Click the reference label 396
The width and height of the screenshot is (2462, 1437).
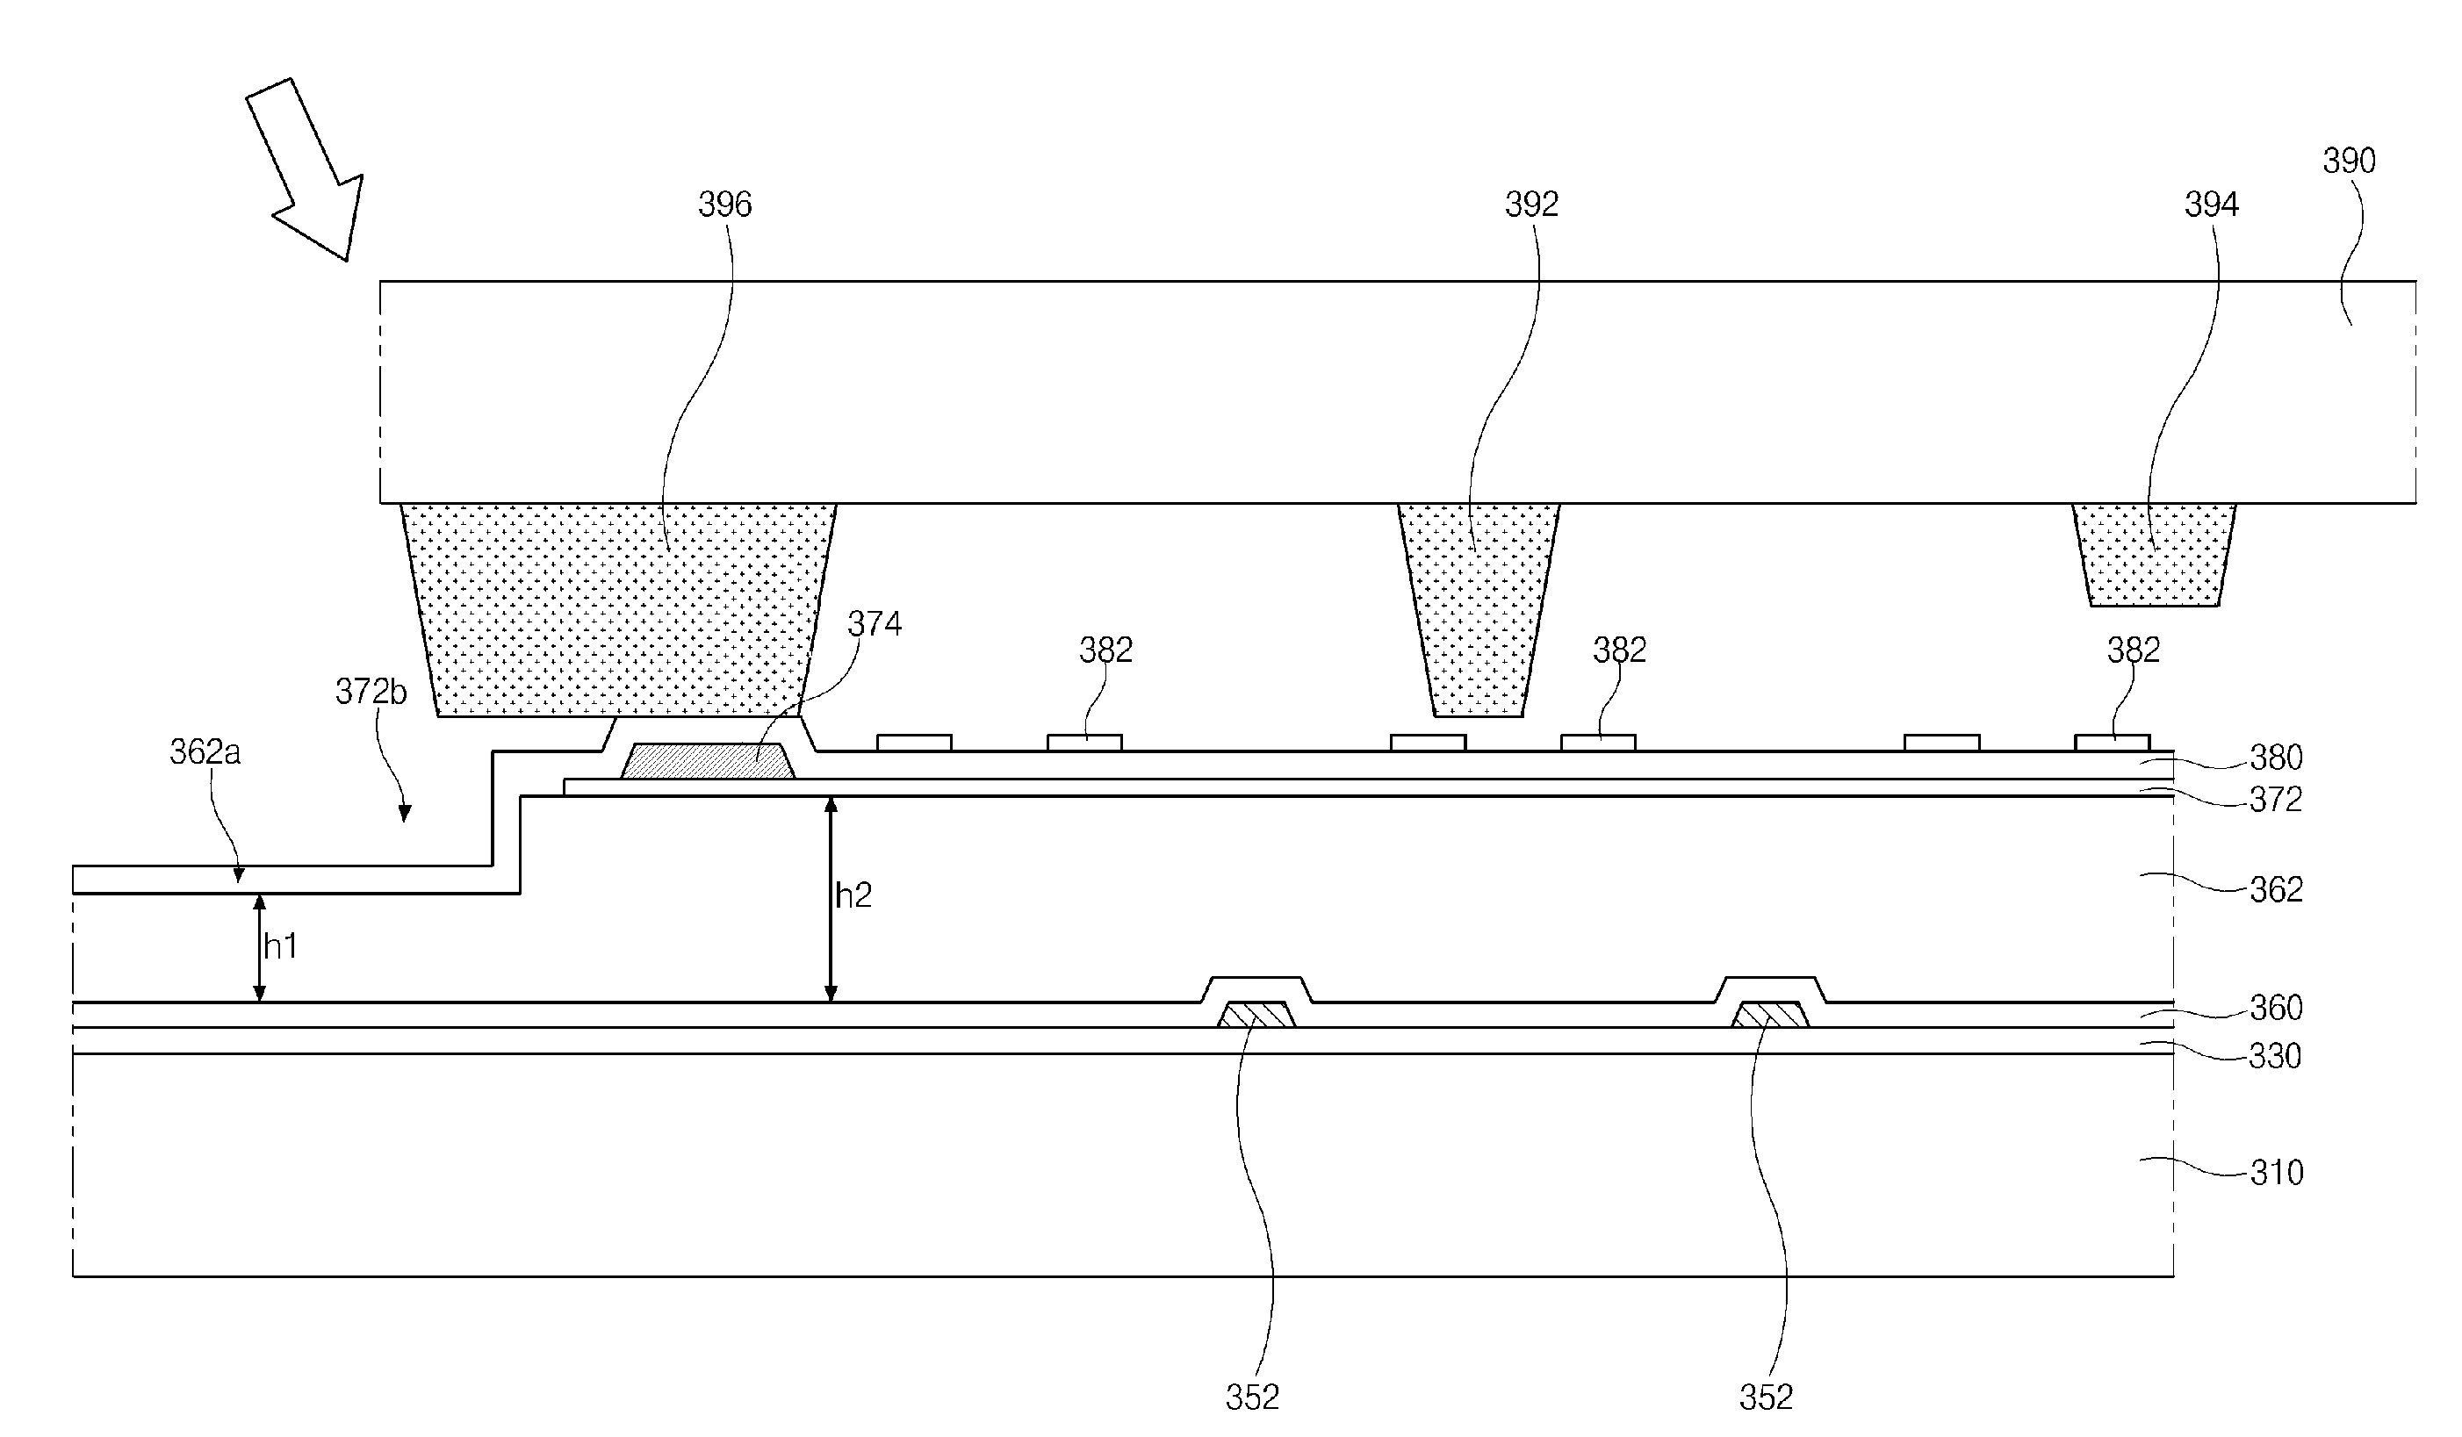click(x=725, y=205)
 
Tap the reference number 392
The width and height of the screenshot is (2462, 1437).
click(x=1531, y=205)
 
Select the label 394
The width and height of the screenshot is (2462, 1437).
click(x=2211, y=205)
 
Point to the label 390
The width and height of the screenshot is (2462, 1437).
click(x=2349, y=161)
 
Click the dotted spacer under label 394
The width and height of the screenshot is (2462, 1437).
click(x=2155, y=554)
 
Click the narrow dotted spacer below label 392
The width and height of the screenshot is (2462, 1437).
click(x=1479, y=609)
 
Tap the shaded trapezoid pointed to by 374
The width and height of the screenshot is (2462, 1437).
click(x=708, y=761)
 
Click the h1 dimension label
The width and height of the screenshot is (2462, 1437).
click(x=280, y=945)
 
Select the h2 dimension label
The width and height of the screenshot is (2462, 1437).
click(x=853, y=895)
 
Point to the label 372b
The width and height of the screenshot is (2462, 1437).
click(x=371, y=692)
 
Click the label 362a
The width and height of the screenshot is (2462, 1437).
click(x=205, y=751)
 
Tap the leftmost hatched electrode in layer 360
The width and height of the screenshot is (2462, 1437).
click(x=1256, y=1015)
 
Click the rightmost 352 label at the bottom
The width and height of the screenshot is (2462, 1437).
click(x=1767, y=1397)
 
